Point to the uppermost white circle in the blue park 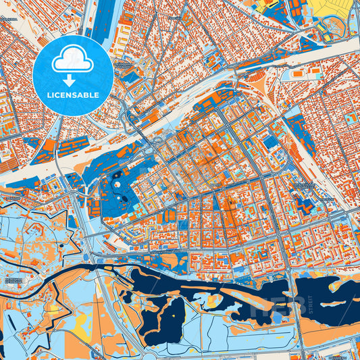click(116, 175)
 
